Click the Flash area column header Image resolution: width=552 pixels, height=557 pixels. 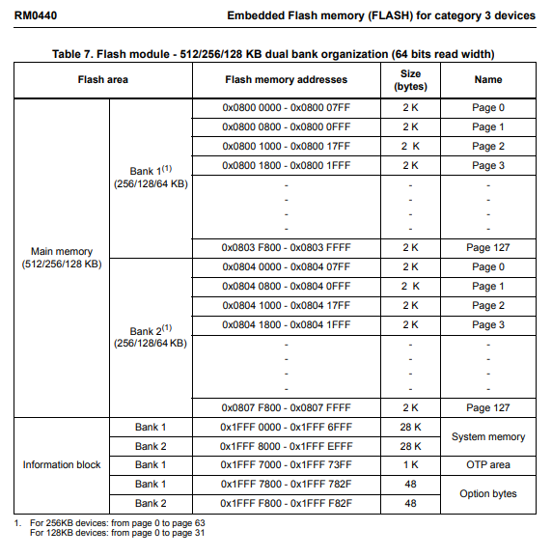pos(103,79)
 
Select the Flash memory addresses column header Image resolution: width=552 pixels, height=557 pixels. pos(286,79)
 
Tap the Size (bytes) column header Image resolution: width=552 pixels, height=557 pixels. pos(410,79)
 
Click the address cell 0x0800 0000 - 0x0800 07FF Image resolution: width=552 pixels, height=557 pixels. pos(286,108)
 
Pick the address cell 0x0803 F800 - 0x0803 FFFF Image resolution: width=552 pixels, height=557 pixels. pos(286,247)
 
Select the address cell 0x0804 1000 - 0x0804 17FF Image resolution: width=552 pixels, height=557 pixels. pos(286,306)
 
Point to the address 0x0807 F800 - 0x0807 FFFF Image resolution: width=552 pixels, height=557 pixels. pos(286,407)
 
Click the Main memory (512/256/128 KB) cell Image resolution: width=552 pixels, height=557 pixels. pos(62,258)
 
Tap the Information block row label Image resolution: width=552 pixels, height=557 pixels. pos(62,465)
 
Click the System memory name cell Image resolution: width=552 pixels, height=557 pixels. pos(488,437)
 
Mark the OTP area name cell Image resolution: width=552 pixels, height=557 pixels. pos(488,465)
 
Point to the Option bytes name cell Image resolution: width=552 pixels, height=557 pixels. pos(488,494)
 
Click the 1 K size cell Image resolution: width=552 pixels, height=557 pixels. pos(410,465)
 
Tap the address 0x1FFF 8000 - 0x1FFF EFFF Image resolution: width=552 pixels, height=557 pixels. pos(286,447)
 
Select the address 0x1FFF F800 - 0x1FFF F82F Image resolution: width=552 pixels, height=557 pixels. pos(286,504)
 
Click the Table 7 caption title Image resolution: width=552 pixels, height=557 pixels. pos(280,52)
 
